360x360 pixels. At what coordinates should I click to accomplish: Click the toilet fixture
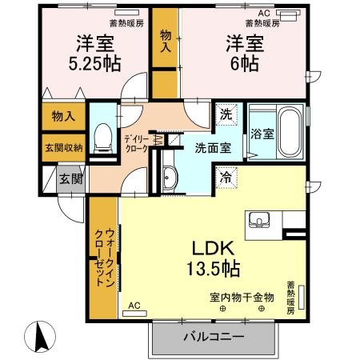(102, 139)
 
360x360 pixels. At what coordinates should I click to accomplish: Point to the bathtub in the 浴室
(289, 132)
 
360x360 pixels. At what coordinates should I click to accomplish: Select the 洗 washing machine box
(226, 114)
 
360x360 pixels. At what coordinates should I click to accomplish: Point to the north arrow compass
(37, 332)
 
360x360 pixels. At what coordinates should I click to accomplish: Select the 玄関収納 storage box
(61, 146)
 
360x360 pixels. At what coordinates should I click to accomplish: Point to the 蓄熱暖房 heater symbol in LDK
(302, 307)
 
